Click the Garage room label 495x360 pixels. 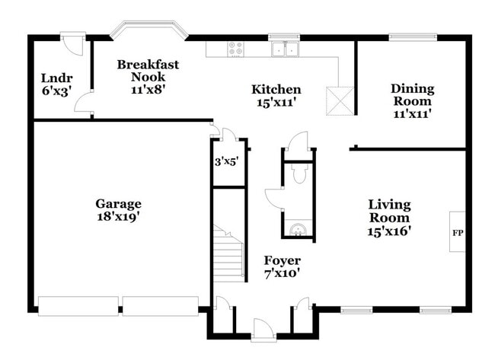pyautogui.click(x=118, y=203)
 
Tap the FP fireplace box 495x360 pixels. pyautogui.click(x=458, y=232)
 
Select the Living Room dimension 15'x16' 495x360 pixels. pyautogui.click(x=389, y=231)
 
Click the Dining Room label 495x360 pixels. pyautogui.click(x=411, y=94)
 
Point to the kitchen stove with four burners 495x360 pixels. pyautogui.click(x=235, y=49)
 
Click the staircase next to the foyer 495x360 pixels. pyautogui.click(x=228, y=251)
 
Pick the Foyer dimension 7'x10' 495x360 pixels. pyautogui.click(x=282, y=272)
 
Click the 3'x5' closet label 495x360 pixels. pyautogui.click(x=226, y=161)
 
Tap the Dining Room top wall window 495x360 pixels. pyautogui.click(x=413, y=36)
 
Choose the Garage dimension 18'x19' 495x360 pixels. pyautogui.click(x=118, y=216)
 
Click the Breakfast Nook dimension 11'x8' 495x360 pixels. pyautogui.click(x=148, y=89)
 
